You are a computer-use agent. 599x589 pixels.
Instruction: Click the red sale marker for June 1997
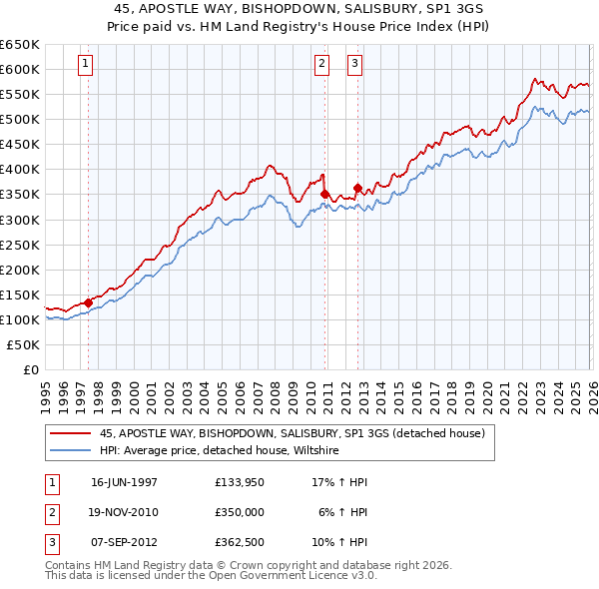click(88, 301)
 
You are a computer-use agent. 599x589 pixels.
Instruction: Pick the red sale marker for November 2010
click(324, 194)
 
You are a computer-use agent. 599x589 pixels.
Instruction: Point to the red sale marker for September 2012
click(356, 187)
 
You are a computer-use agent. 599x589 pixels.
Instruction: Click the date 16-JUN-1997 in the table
click(124, 482)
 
